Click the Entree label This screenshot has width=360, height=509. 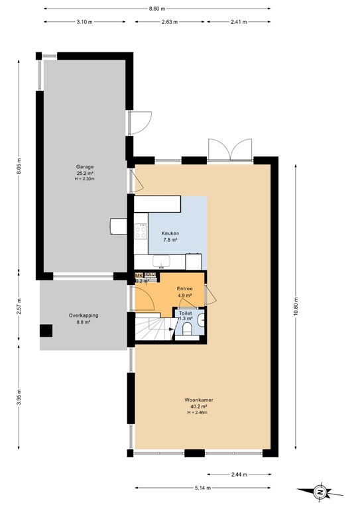click(184, 289)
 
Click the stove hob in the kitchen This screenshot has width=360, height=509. click(141, 231)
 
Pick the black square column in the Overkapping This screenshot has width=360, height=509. click(46, 331)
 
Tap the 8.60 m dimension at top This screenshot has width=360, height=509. click(156, 9)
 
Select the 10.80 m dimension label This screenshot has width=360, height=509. click(296, 307)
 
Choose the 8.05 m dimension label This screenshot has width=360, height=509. click(21, 165)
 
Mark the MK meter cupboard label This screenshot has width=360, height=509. click(139, 275)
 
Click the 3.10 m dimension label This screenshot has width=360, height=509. click(84, 22)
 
